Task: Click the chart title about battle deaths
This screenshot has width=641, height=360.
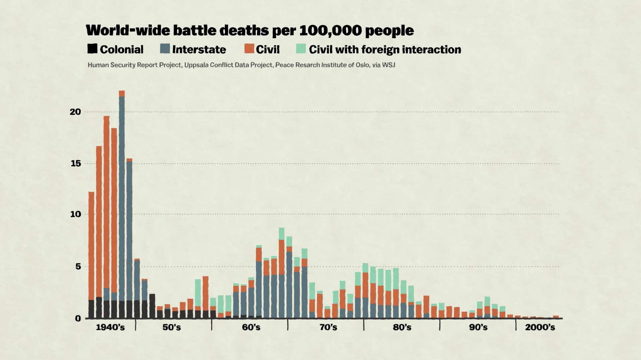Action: pos(250,30)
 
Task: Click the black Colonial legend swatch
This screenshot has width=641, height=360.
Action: pos(92,49)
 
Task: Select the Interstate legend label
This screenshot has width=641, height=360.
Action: pos(199,50)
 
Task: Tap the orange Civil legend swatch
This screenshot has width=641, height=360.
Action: pos(249,49)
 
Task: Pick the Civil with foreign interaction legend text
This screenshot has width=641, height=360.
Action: pos(385,50)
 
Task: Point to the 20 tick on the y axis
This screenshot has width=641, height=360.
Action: pos(75,112)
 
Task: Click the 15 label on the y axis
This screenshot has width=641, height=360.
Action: pos(75,163)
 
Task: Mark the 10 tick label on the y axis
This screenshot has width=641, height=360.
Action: pos(75,214)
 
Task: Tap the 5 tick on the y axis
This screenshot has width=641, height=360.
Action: pos(78,267)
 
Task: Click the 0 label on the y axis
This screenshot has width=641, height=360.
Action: pos(78,318)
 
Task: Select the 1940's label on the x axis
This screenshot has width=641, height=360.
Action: pos(110,328)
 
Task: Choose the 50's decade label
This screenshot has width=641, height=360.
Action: pos(172,328)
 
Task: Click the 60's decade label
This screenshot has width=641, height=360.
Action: pos(251,328)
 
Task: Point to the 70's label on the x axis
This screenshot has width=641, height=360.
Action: pos(328,328)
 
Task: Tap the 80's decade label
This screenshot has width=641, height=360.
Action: pos(402,328)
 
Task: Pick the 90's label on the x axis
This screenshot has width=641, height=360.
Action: pos(478,328)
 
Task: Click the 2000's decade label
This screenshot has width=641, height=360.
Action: pos(540,328)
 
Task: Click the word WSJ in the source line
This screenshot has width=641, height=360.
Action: pos(388,65)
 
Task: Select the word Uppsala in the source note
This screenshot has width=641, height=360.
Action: pos(196,65)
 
